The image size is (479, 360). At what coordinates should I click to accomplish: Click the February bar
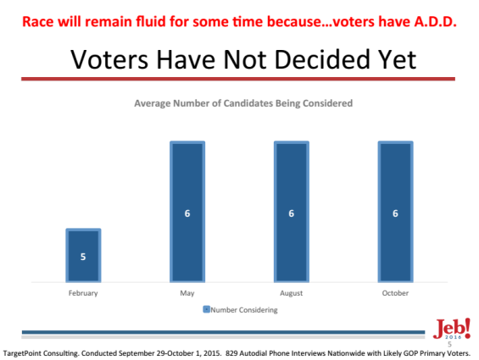click(x=83, y=255)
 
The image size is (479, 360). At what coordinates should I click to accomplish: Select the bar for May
click(x=187, y=212)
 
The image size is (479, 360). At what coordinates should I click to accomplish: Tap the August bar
click(x=292, y=212)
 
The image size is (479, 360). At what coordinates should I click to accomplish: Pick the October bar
click(x=395, y=212)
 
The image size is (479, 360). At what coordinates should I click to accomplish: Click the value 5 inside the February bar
click(x=83, y=257)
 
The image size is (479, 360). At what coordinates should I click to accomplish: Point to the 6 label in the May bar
click(x=187, y=213)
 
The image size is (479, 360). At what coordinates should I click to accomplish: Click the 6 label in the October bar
click(x=395, y=213)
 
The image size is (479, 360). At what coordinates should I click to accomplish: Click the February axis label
click(x=83, y=293)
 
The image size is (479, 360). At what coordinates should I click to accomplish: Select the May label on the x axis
click(x=187, y=293)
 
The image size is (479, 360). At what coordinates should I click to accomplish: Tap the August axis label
click(x=292, y=293)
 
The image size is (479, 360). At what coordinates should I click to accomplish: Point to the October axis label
click(x=395, y=293)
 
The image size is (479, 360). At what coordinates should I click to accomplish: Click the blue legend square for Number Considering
click(x=207, y=309)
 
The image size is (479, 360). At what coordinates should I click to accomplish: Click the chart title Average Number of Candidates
click(x=243, y=103)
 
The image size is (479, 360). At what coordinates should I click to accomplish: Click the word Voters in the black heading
click(x=109, y=59)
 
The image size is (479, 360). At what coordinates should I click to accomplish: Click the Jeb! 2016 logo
click(x=452, y=329)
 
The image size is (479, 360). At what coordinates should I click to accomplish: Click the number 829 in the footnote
click(x=231, y=353)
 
